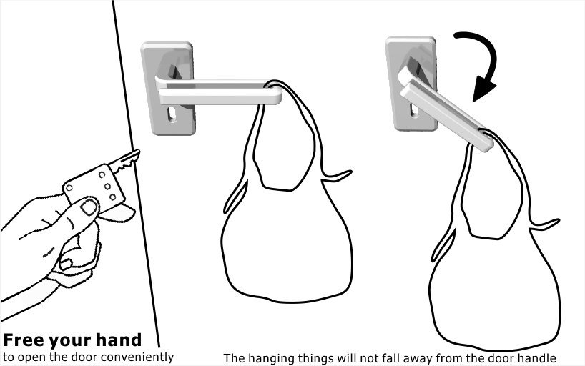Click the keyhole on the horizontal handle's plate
172,114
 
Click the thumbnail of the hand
89,207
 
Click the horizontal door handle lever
218,91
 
